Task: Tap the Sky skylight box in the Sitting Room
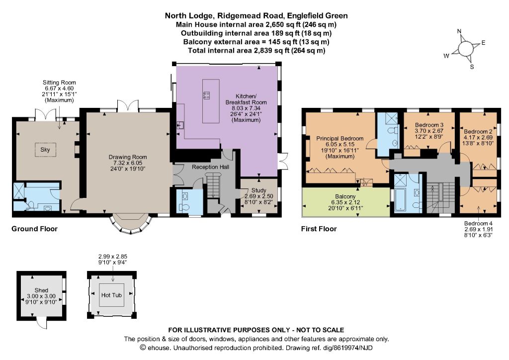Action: pos(45,150)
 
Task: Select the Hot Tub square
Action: pos(111,295)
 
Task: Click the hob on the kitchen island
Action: pos(206,95)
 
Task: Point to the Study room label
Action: pos(258,190)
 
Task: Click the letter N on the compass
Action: pos(459,31)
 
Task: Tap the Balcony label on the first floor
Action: pos(345,196)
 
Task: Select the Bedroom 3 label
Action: pos(429,125)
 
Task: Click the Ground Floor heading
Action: pos(34,229)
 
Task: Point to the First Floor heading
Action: pos(319,229)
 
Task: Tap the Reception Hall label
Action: pos(210,167)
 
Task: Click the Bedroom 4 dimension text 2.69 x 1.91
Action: pos(479,229)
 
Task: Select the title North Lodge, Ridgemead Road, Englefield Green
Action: pos(256,15)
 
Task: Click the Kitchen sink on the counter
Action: pos(180,125)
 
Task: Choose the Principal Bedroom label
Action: pos(340,138)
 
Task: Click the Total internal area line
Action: pos(256,50)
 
